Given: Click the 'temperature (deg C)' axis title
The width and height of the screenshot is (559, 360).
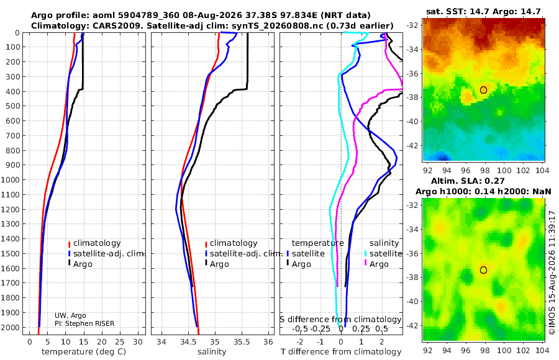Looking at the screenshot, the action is click(84, 352).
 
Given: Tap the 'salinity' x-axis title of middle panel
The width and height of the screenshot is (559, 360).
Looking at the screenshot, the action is click(212, 352).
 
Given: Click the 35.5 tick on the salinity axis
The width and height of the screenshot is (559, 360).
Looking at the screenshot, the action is click(242, 341).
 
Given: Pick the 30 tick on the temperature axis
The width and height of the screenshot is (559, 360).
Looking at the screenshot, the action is click(138, 341).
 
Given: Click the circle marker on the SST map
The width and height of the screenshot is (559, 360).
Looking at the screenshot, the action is click(483, 90).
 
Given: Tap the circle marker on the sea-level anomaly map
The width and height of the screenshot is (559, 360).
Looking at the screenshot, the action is click(483, 270).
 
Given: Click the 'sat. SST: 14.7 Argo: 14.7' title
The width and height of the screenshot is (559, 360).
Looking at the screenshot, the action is click(483, 11).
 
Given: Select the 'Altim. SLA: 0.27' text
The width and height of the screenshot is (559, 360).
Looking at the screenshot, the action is click(468, 181).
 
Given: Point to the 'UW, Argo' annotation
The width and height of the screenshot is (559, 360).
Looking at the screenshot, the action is click(70, 315).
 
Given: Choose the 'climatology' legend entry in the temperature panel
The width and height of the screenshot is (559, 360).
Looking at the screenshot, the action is click(94, 243).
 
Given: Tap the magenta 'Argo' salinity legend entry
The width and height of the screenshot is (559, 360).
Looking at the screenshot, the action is click(376, 264).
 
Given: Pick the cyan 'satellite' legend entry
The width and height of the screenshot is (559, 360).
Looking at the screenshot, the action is click(383, 254).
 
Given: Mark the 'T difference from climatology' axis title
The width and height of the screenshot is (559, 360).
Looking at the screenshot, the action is click(341, 352).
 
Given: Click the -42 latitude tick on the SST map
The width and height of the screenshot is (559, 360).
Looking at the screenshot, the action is click(413, 145).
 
